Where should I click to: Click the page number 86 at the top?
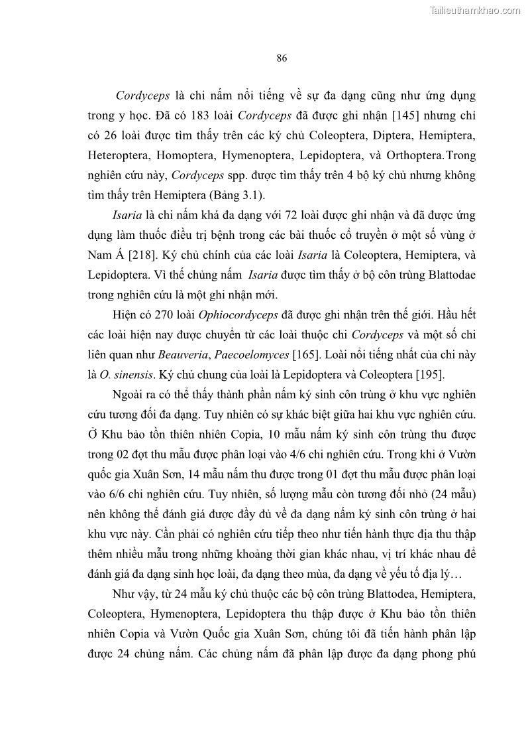282,58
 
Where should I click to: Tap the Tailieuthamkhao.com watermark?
476,10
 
